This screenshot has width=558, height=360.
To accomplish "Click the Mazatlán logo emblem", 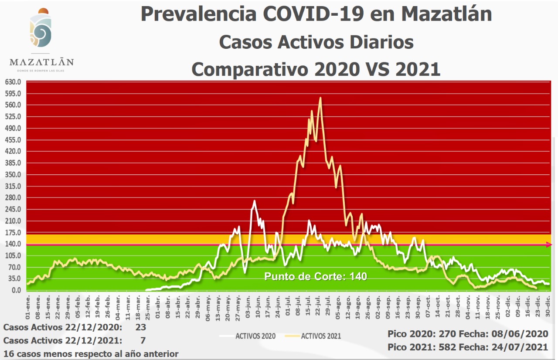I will pos(41,30).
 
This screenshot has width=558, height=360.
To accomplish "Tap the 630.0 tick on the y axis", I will pos(13,82).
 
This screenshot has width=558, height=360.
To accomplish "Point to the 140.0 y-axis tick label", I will pos(13,244).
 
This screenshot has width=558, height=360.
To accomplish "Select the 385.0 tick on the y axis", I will pos(13,163).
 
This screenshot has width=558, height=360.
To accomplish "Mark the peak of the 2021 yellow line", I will pos(320,98).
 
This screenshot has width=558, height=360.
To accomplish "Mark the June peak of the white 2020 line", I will pos(254,201).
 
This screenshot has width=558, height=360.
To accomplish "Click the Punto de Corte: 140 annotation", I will pos(316,277).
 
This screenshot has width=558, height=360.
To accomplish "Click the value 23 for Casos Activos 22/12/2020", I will pos(140,327).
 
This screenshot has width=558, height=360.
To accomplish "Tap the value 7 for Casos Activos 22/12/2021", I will pos(143,340).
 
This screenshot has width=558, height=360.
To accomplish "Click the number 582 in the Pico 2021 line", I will pos(440,347).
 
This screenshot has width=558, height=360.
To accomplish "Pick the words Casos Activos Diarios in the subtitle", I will pos(316,42).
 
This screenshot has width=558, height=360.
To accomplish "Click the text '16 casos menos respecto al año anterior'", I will pos(91,353).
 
